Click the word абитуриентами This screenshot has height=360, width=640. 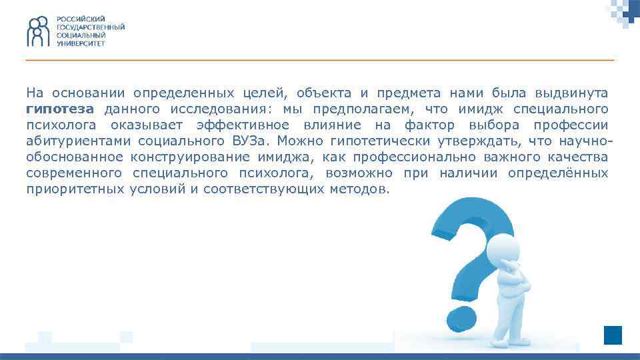pyautogui.click(x=79, y=140)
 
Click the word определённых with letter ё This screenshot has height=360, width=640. pyautogui.click(x=557, y=173)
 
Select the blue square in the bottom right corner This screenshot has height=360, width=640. pyautogui.click(x=613, y=335)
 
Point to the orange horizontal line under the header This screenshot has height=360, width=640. pyautogui.click(x=320, y=60)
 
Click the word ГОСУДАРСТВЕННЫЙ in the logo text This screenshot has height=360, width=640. pyautogui.click(x=90, y=27)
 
